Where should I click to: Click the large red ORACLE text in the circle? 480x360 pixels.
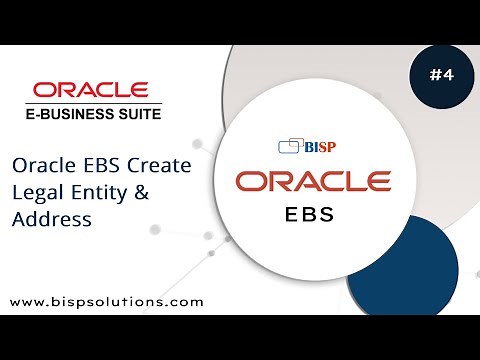click(313, 182)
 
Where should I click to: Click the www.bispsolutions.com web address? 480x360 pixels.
click(107, 300)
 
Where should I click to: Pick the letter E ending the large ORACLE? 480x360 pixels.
click(377, 182)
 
